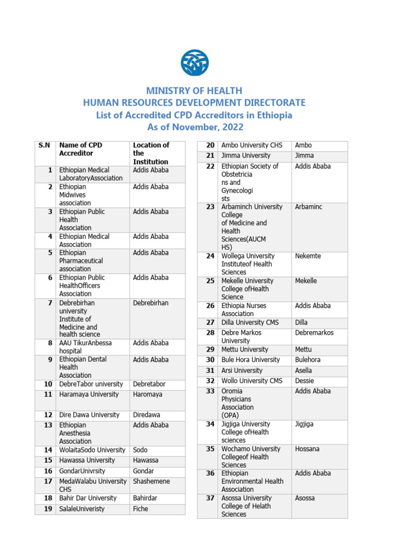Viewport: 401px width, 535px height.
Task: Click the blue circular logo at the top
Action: click(x=194, y=62)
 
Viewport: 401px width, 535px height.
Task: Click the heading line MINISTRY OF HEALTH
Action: click(x=194, y=91)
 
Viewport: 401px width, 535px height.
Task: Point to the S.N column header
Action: click(x=44, y=145)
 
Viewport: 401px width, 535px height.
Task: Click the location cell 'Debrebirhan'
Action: click(x=150, y=303)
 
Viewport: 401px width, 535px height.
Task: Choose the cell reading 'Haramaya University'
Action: click(x=89, y=394)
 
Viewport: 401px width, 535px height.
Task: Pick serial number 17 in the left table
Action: click(x=48, y=481)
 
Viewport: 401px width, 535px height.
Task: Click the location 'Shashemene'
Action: click(x=151, y=481)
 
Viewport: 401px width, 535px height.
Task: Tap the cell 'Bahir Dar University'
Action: click(x=88, y=498)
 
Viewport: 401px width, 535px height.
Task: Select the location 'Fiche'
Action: click(x=140, y=509)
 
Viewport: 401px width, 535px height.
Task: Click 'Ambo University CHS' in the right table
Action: click(x=252, y=145)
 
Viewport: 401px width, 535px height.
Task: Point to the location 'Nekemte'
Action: click(x=308, y=256)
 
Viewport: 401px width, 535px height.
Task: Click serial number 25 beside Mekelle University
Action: click(x=210, y=281)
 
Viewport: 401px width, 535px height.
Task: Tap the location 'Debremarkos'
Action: click(x=314, y=333)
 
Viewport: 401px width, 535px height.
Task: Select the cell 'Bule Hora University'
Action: click(x=251, y=360)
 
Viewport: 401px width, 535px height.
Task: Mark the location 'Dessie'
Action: click(x=305, y=381)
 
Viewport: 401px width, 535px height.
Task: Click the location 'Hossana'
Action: click(x=307, y=449)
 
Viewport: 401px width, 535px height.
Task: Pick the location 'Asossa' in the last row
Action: click(x=305, y=498)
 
